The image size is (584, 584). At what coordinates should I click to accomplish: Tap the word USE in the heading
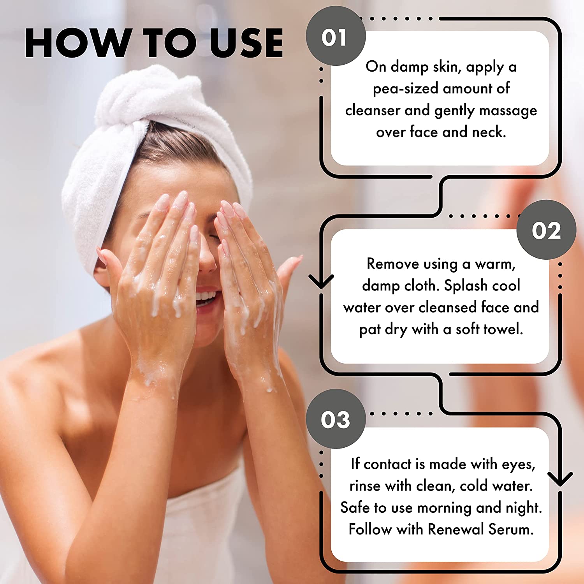(246, 43)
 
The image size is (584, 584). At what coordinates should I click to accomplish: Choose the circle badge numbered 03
(336, 419)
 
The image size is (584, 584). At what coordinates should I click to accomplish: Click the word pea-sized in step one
(405, 89)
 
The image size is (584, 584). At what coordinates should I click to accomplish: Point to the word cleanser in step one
(373, 110)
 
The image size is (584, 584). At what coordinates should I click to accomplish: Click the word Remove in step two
(393, 264)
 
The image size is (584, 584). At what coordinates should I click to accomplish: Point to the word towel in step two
(502, 329)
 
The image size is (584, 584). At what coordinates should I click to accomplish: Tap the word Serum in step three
(511, 529)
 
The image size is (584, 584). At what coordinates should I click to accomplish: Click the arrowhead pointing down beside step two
(321, 281)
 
